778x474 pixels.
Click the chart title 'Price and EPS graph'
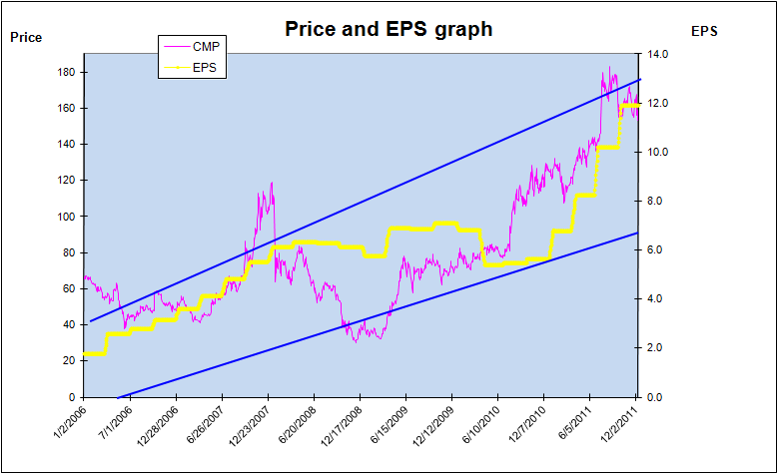click(389, 29)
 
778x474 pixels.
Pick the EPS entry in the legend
click(205, 68)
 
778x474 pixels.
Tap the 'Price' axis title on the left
click(26, 38)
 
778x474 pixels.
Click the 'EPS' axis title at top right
click(704, 31)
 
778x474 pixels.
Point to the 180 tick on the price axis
click(67, 72)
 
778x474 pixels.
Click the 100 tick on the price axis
click(67, 217)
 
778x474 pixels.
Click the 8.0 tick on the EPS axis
click(654, 201)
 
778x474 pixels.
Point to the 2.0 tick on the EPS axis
click(654, 347)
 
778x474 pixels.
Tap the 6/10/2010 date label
click(483, 425)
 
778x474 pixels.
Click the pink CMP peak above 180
click(609, 68)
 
